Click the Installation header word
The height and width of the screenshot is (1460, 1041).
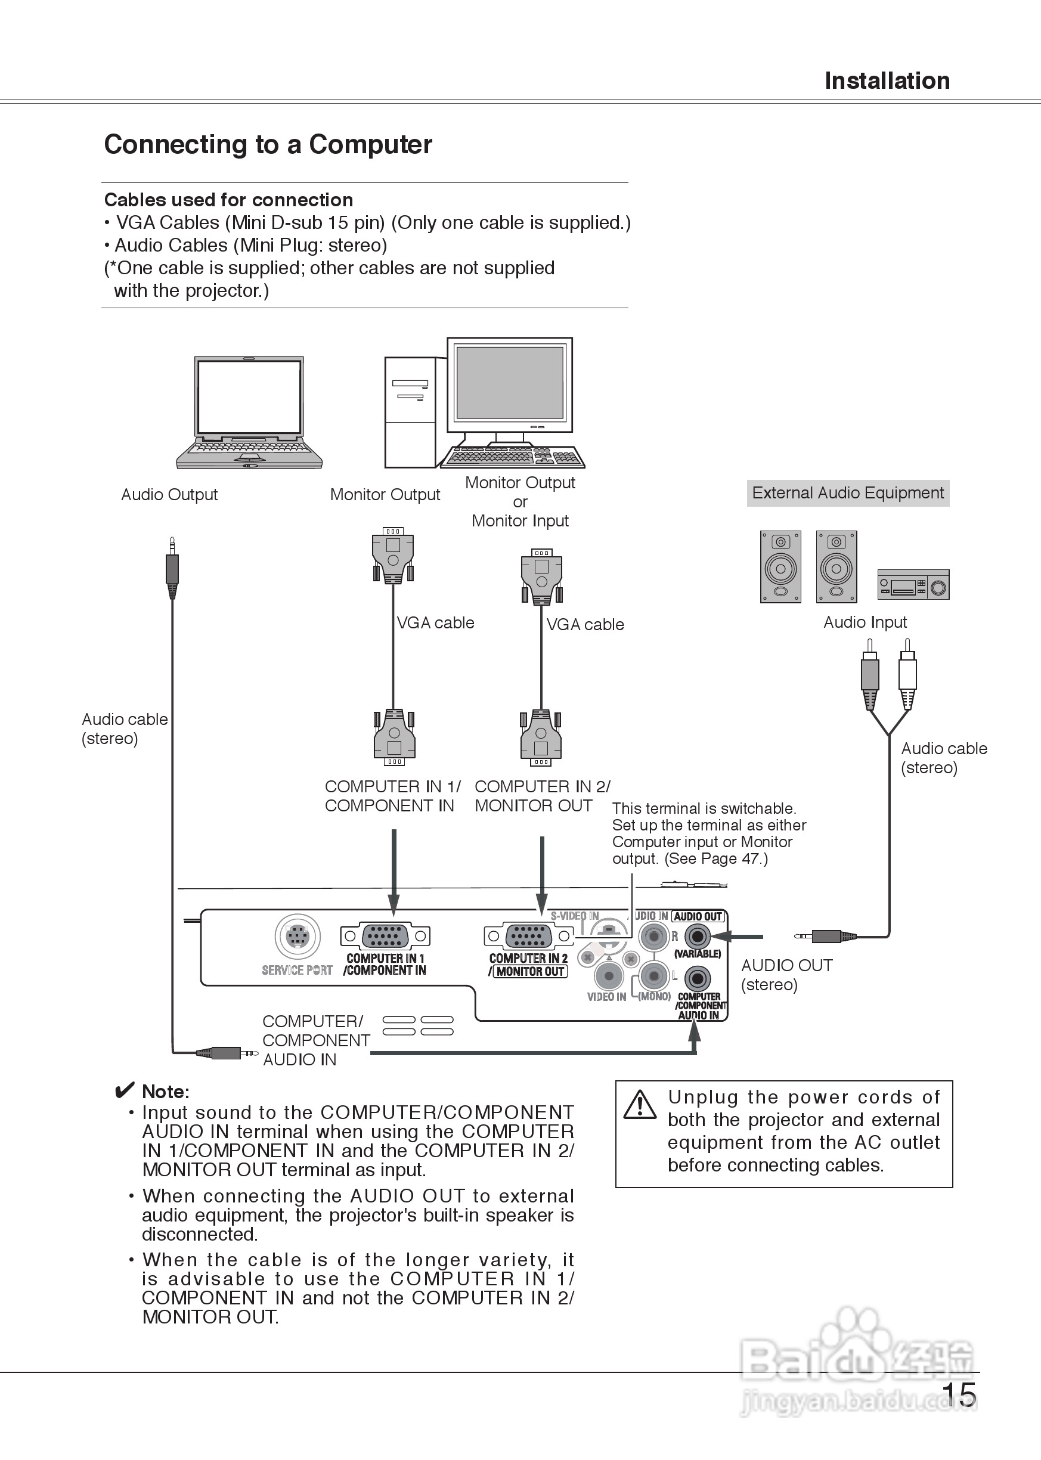point(887,80)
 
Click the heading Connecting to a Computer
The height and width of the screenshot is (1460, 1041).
point(268,145)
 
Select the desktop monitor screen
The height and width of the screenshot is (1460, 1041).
point(510,382)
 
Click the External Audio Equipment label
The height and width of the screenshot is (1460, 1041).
point(847,493)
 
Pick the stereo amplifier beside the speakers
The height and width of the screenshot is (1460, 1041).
point(913,584)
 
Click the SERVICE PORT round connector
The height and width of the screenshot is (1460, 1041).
point(298,937)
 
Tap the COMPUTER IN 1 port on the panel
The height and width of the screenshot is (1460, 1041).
point(385,937)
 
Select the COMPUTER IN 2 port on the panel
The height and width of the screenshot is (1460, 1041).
point(528,937)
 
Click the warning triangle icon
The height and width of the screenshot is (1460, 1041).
point(640,1104)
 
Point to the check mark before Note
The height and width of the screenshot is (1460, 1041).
point(125,1090)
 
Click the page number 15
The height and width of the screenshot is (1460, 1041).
point(958,1394)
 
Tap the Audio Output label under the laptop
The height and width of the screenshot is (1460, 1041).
point(169,495)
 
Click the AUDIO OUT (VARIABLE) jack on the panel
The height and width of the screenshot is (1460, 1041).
point(698,937)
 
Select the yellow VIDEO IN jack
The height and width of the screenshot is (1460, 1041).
point(608,977)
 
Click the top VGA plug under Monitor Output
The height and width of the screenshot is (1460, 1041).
point(393,555)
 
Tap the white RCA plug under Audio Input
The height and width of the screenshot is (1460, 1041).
point(907,674)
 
